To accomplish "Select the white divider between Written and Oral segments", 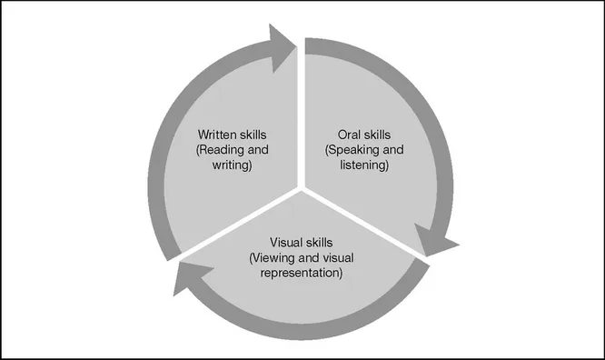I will (301, 118).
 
